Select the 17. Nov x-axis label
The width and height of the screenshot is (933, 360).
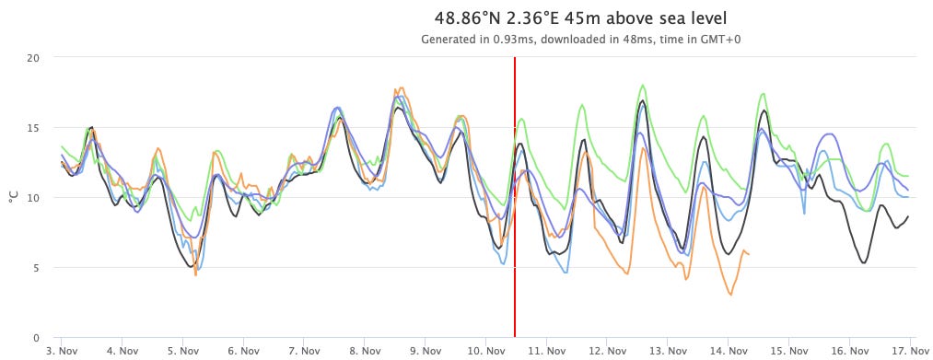click(x=909, y=351)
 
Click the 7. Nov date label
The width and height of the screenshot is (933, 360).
click(x=304, y=351)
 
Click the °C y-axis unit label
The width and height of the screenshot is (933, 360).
click(x=14, y=197)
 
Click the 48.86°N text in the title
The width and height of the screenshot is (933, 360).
click(x=468, y=18)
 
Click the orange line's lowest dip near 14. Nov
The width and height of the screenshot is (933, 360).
click(x=730, y=294)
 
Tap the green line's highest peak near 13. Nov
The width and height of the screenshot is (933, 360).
click(x=643, y=86)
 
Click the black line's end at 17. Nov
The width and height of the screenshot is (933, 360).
click(x=908, y=216)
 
